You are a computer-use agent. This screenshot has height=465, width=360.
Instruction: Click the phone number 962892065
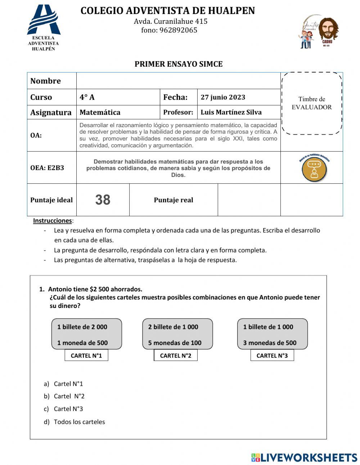(x=169, y=30)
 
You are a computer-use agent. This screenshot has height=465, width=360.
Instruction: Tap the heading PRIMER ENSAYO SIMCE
(x=179, y=64)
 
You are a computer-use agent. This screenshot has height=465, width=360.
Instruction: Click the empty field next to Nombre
(x=178, y=81)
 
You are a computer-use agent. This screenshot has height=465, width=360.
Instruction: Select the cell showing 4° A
(x=118, y=97)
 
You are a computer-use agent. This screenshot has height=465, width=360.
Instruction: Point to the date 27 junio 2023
(x=223, y=97)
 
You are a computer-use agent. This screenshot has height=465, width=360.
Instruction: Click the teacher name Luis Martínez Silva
(x=231, y=112)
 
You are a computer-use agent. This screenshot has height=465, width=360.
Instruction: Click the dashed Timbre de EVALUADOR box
(x=311, y=103)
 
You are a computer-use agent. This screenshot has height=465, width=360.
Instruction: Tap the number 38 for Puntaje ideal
(x=103, y=200)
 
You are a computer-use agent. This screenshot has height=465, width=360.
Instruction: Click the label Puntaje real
(x=173, y=200)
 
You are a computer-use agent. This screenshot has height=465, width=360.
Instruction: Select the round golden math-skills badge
(x=314, y=169)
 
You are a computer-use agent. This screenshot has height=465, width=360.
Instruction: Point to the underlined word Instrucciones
(x=53, y=220)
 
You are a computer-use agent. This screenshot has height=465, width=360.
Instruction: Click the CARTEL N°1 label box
(x=86, y=356)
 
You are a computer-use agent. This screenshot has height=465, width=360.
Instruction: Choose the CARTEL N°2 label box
(x=176, y=356)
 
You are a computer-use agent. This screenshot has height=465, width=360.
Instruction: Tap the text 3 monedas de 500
(x=270, y=343)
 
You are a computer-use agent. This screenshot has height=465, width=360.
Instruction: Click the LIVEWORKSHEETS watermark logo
(x=304, y=457)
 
